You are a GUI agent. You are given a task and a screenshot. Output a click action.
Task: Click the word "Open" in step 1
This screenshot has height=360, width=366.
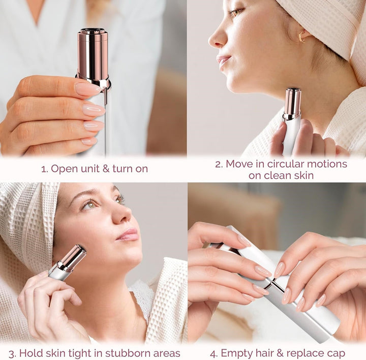65,169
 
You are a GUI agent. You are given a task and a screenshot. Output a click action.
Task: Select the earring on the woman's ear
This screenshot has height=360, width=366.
303,37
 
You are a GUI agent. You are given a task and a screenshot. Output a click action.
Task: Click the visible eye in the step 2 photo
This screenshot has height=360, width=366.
237,12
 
